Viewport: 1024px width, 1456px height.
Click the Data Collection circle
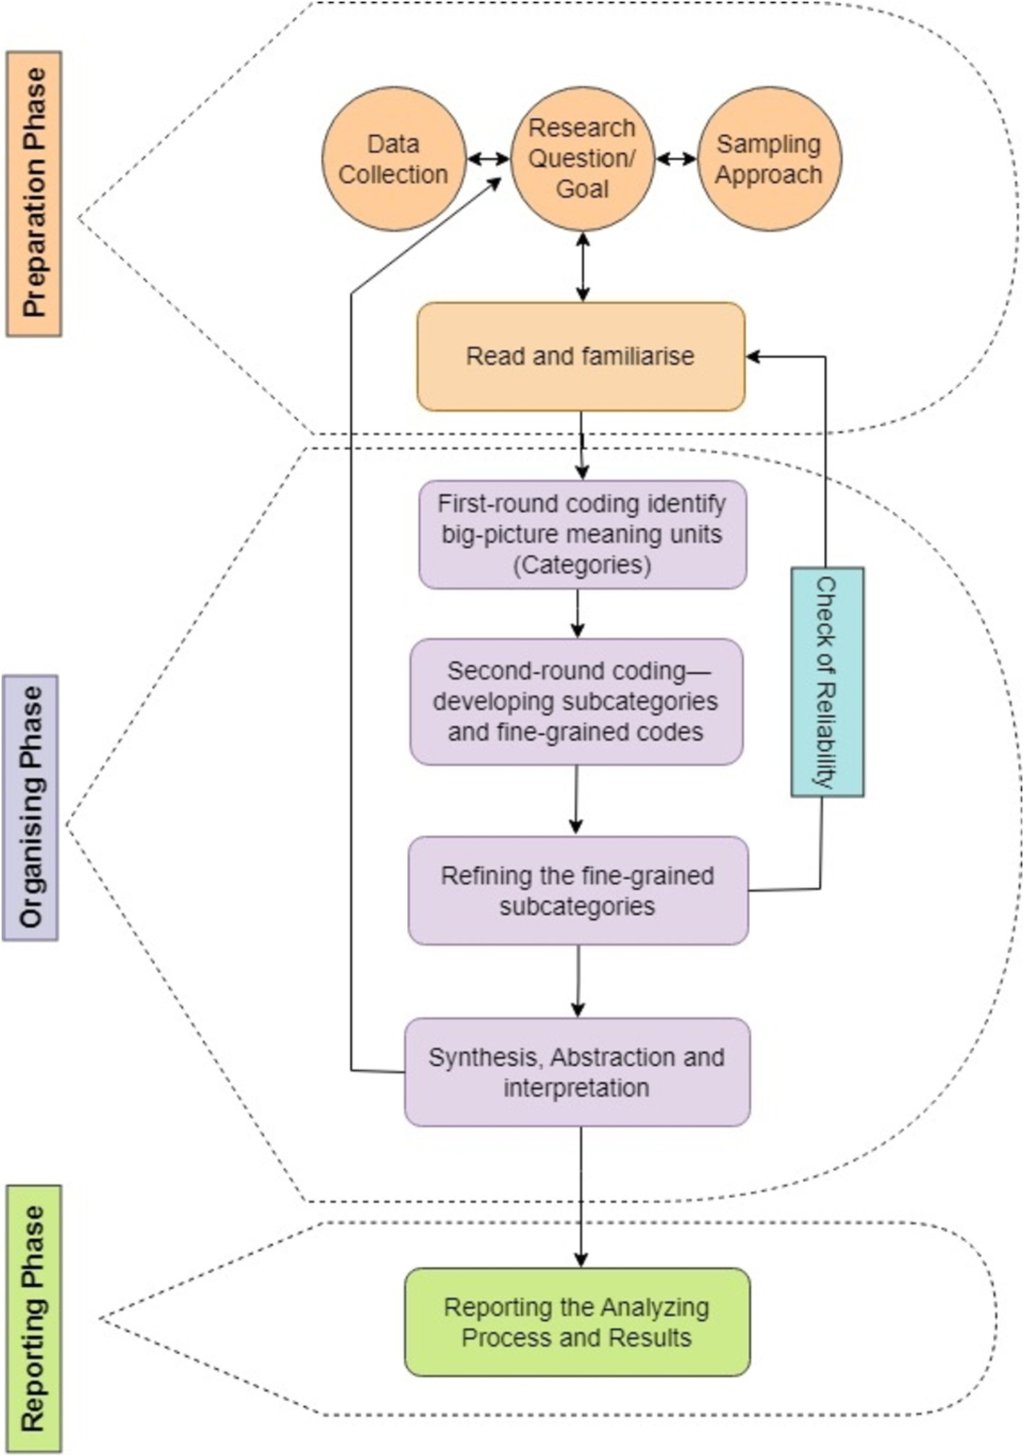click(394, 159)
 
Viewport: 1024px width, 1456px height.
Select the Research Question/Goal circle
click(582, 159)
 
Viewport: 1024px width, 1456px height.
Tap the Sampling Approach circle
click(769, 159)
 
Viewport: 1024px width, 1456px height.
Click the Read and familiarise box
click(580, 356)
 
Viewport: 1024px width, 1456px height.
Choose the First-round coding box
click(582, 534)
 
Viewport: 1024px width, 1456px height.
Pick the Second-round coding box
click(576, 701)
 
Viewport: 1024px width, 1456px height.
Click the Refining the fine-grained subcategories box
click(577, 890)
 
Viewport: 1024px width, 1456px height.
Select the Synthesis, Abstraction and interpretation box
click(577, 1072)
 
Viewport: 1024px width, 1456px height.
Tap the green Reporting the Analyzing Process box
click(577, 1322)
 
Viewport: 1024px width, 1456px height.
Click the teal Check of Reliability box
click(827, 681)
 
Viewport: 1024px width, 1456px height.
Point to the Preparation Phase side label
click(34, 193)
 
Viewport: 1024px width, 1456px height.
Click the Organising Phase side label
click(30, 807)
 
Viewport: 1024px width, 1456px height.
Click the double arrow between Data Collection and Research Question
click(489, 159)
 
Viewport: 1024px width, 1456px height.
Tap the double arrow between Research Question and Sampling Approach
click(676, 159)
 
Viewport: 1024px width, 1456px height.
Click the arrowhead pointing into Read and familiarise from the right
click(753, 356)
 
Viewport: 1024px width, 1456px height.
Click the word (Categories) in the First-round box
click(582, 564)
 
